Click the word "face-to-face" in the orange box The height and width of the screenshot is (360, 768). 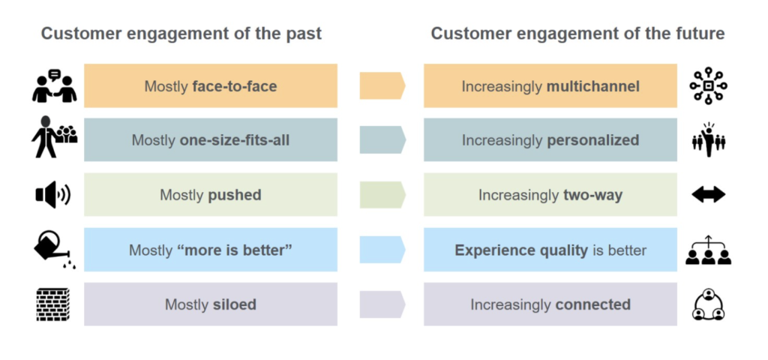click(235, 87)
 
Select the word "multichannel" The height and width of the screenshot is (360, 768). click(592, 87)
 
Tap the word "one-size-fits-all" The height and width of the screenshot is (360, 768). click(235, 140)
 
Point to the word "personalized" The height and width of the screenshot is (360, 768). click(592, 140)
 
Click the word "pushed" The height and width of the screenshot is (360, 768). click(235, 195)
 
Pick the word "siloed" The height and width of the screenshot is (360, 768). click(235, 304)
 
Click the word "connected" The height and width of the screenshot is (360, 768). click(592, 304)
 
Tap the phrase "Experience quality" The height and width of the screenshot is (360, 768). click(521, 250)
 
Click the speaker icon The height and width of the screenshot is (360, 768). click(53, 195)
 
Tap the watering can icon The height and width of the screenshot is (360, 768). click(53, 250)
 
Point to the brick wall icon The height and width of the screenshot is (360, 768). click(53, 304)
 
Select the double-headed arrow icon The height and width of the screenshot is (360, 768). click(708, 195)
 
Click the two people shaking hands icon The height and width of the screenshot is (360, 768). click(54, 86)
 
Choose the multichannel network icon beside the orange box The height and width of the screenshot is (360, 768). click(708, 86)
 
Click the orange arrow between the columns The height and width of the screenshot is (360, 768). click(382, 85)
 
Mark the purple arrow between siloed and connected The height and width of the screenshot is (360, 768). click(382, 304)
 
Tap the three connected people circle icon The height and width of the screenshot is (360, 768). click(708, 304)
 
